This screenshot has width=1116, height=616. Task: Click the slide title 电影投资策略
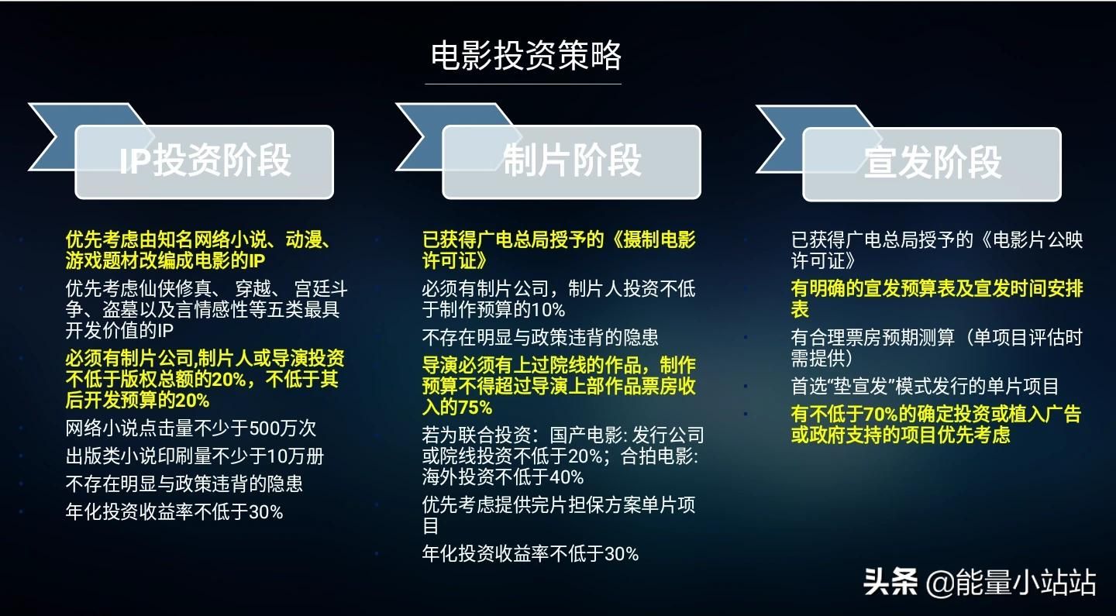[x=525, y=55]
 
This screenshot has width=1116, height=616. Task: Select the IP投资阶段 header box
[x=205, y=163]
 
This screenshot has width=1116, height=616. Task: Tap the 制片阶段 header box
[x=571, y=163]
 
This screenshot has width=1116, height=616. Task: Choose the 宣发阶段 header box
[x=932, y=164]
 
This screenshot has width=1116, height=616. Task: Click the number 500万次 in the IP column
[x=282, y=428]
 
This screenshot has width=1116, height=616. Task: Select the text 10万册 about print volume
[x=296, y=456]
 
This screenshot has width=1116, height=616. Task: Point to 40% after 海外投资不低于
[x=567, y=477]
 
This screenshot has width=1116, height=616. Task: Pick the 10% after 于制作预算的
[x=548, y=310]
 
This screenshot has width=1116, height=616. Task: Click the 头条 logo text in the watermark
[x=890, y=582]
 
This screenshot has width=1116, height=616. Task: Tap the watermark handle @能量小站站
[x=1011, y=582]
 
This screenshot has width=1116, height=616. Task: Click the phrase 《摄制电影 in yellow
[x=652, y=240]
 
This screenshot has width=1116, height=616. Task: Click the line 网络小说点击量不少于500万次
[x=191, y=428]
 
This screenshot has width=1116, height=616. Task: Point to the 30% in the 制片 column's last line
[x=621, y=554]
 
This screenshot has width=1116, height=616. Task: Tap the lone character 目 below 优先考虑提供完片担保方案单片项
[x=430, y=526]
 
